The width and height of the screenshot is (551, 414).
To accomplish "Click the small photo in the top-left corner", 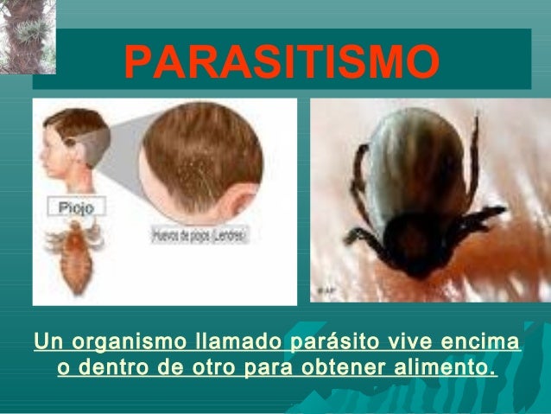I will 27,35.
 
